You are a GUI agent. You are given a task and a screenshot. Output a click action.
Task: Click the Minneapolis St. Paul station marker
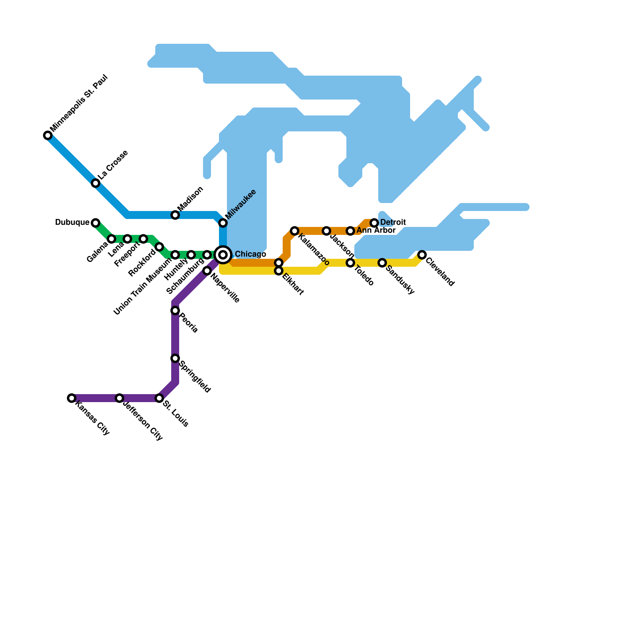(48, 135)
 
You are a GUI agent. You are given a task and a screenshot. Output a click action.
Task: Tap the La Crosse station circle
(96, 183)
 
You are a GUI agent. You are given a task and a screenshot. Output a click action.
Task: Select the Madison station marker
(175, 215)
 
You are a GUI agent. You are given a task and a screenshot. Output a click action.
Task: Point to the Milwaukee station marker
(223, 223)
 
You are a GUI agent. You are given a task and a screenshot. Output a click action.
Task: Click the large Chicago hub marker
(223, 255)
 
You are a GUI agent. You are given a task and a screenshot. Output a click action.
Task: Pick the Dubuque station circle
(96, 223)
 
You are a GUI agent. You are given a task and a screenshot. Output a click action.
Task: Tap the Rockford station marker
(159, 247)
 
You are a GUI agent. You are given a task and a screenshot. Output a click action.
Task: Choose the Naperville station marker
(207, 271)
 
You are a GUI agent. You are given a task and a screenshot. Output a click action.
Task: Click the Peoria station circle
(175, 311)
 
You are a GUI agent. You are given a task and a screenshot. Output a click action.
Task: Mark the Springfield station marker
(175, 358)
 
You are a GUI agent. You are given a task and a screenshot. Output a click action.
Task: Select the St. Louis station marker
(159, 398)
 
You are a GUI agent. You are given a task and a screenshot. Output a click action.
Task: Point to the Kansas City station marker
(72, 398)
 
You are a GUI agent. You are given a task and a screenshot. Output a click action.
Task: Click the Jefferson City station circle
(119, 398)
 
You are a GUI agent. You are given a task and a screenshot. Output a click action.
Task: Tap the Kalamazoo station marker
(295, 231)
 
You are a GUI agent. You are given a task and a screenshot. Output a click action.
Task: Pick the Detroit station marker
(374, 223)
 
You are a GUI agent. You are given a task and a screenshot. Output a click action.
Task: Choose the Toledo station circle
(350, 263)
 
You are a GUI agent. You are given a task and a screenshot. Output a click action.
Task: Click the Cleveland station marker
(422, 255)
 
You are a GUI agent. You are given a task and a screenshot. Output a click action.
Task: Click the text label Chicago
(250, 254)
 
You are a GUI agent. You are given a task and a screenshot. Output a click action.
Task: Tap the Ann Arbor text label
(376, 231)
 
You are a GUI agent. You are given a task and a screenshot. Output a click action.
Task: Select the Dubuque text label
(72, 222)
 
